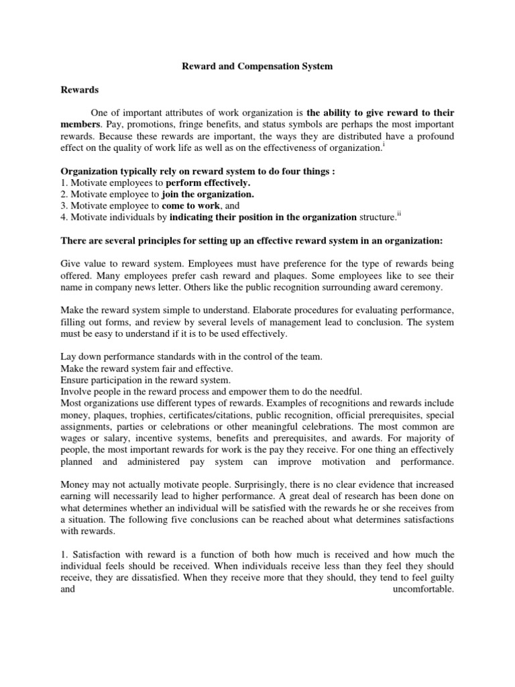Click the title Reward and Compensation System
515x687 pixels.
pyautogui.click(x=257, y=67)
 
